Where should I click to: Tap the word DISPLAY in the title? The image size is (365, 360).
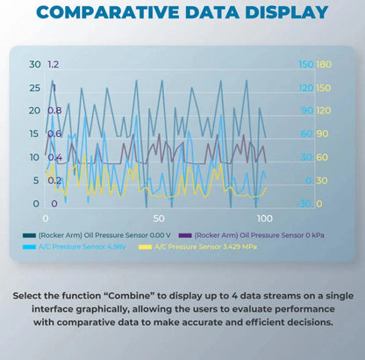(x=289, y=12)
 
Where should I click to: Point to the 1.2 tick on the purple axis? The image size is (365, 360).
(x=54, y=64)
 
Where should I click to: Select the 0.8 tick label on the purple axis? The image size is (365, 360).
(x=54, y=111)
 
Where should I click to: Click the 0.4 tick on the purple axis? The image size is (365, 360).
(x=54, y=157)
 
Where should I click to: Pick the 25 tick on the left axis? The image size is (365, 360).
(x=34, y=87)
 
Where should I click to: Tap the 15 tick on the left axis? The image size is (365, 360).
(x=34, y=133)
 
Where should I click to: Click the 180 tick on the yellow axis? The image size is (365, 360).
(x=325, y=64)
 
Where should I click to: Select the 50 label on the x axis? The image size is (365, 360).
(x=160, y=218)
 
